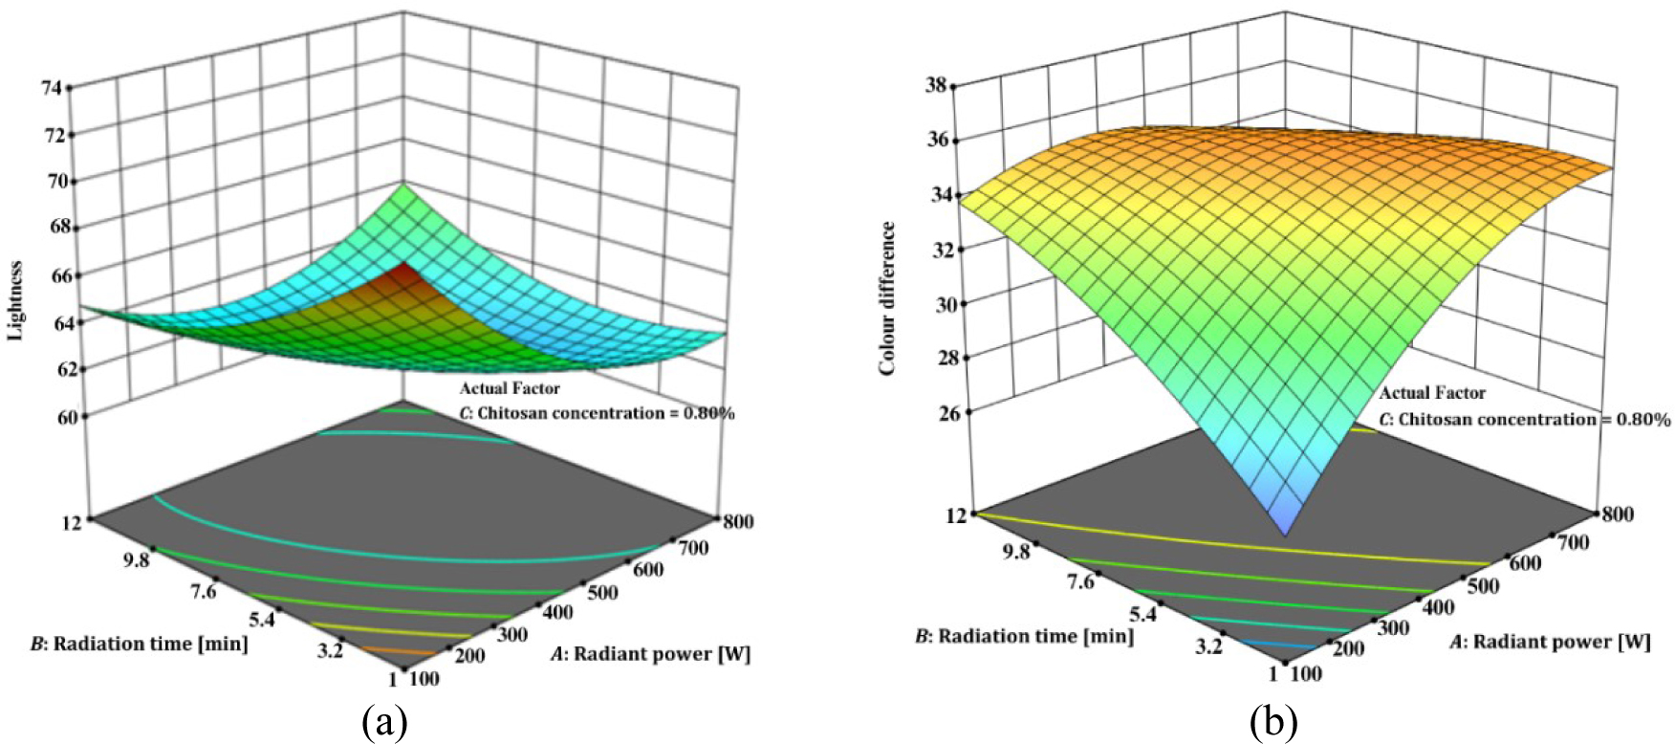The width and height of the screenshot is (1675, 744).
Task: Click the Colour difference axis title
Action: (x=888, y=297)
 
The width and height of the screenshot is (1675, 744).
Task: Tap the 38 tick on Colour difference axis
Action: (x=936, y=85)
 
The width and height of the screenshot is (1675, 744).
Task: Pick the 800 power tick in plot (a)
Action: (x=738, y=521)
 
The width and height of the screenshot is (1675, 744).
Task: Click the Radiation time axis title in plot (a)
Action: (x=140, y=644)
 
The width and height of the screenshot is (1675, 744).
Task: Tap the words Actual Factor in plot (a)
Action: (x=510, y=388)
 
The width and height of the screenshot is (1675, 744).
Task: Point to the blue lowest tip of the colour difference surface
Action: (x=1287, y=533)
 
